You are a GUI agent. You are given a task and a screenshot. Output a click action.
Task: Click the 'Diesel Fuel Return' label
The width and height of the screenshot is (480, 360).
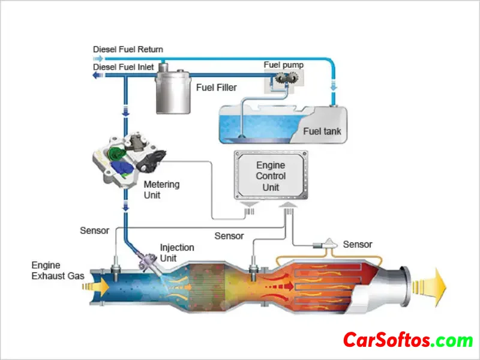[x=128, y=49]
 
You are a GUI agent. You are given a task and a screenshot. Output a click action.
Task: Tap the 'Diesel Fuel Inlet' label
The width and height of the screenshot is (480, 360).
[x=124, y=67]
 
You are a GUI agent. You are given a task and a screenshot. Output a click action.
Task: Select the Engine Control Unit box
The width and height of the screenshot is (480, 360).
[x=271, y=176]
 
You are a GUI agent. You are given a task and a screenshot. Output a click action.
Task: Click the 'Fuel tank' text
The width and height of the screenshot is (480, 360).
[x=322, y=131]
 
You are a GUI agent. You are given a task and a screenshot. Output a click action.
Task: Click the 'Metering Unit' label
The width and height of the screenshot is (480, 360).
[x=161, y=190]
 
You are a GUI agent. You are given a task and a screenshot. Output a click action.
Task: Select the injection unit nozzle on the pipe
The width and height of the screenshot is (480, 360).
[x=146, y=259]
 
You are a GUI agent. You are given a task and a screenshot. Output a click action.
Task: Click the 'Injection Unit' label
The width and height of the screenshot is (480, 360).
[x=176, y=253]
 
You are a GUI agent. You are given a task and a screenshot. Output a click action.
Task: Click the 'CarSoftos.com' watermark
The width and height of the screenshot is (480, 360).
[x=408, y=341]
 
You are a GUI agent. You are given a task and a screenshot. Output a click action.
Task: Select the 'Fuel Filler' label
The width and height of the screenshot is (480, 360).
[x=216, y=88]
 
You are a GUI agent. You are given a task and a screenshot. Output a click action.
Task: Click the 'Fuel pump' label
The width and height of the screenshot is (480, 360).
[x=284, y=64]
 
